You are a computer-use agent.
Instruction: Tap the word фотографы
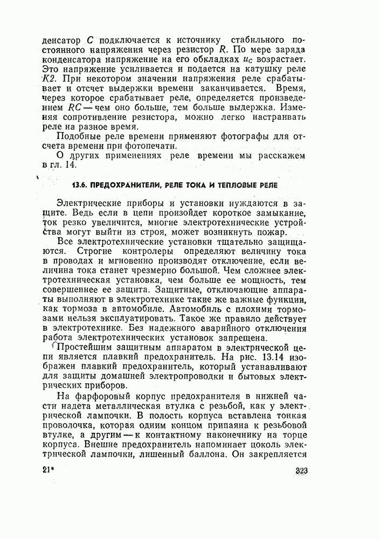coord(244,137)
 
